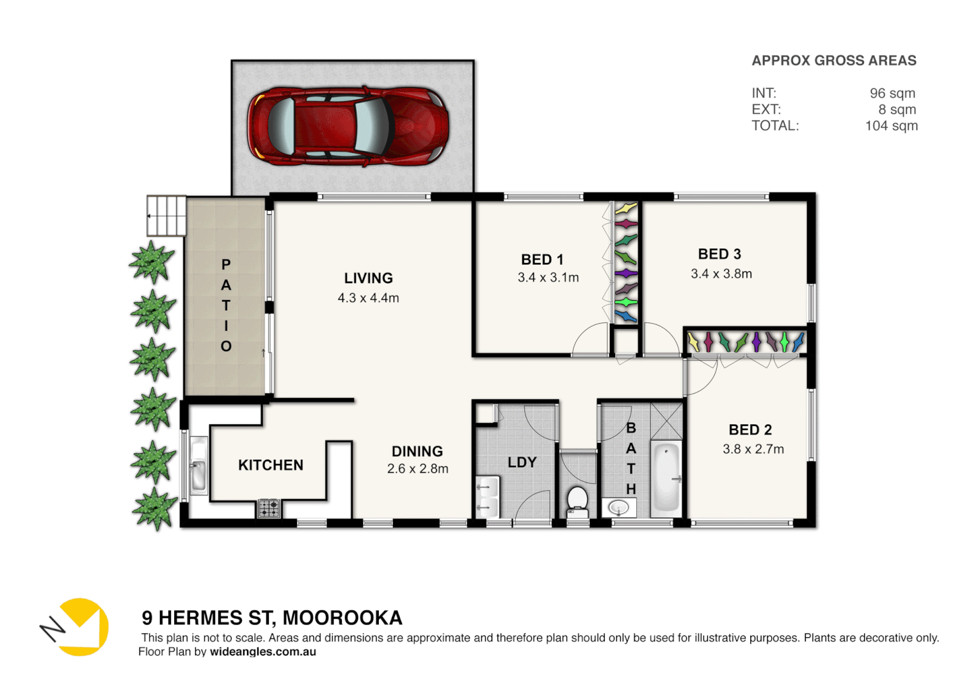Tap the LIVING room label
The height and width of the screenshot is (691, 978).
click(x=368, y=278)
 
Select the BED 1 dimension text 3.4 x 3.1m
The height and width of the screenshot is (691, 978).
click(x=548, y=278)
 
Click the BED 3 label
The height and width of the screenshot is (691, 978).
click(x=719, y=254)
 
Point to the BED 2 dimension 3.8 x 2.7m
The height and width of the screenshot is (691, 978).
click(x=753, y=449)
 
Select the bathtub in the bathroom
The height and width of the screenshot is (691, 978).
click(x=666, y=477)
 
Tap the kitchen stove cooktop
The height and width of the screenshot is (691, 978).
click(x=269, y=509)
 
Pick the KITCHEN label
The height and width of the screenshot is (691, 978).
click(x=271, y=465)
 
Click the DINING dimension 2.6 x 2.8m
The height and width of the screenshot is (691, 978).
click(x=417, y=469)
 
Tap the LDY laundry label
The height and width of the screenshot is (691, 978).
click(x=522, y=463)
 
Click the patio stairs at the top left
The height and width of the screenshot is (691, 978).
click(x=166, y=216)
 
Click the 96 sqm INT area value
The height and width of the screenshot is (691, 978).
click(x=892, y=93)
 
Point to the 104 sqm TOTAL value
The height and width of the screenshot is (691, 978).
click(x=891, y=126)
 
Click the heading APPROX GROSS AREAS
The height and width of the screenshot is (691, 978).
click(x=833, y=61)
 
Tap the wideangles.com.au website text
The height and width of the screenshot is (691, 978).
click(x=262, y=652)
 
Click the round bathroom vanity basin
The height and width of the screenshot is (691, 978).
click(x=618, y=508)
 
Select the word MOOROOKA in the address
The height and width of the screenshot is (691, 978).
click(x=342, y=618)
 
